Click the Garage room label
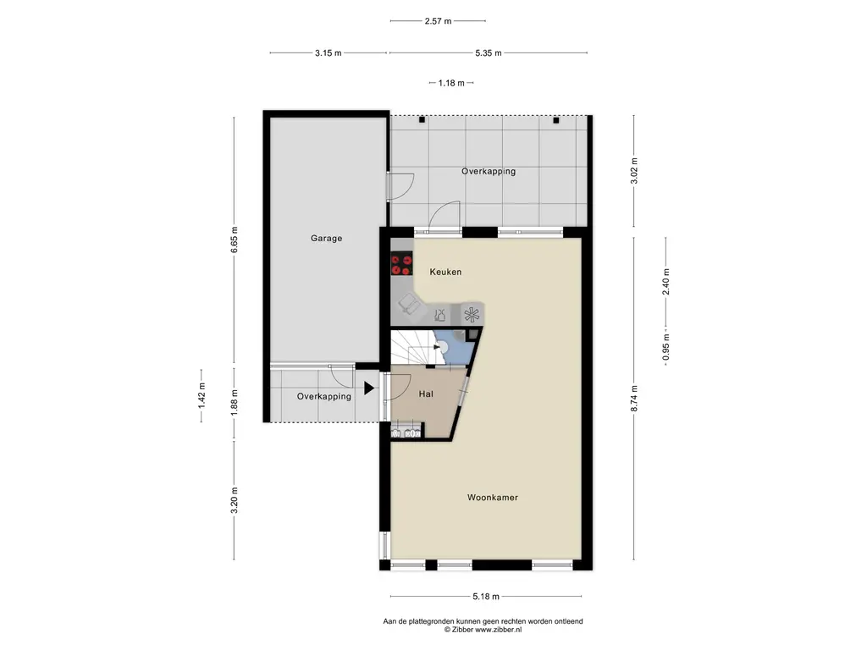[x=326, y=238]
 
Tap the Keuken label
[x=445, y=272]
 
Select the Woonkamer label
[x=493, y=498]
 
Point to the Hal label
[x=426, y=394]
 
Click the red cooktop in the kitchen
[x=402, y=264]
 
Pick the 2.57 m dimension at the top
[x=438, y=21]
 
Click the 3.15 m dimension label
[x=329, y=53]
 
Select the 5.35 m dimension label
[x=489, y=53]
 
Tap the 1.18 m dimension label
[x=451, y=83]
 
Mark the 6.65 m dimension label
[x=234, y=240]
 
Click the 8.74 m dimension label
[x=634, y=399]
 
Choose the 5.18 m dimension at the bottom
[x=486, y=597]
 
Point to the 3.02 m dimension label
[x=634, y=171]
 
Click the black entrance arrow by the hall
[x=369, y=388]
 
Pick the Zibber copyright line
[x=483, y=630]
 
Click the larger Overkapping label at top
[x=489, y=171]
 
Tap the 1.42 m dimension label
[x=202, y=396]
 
